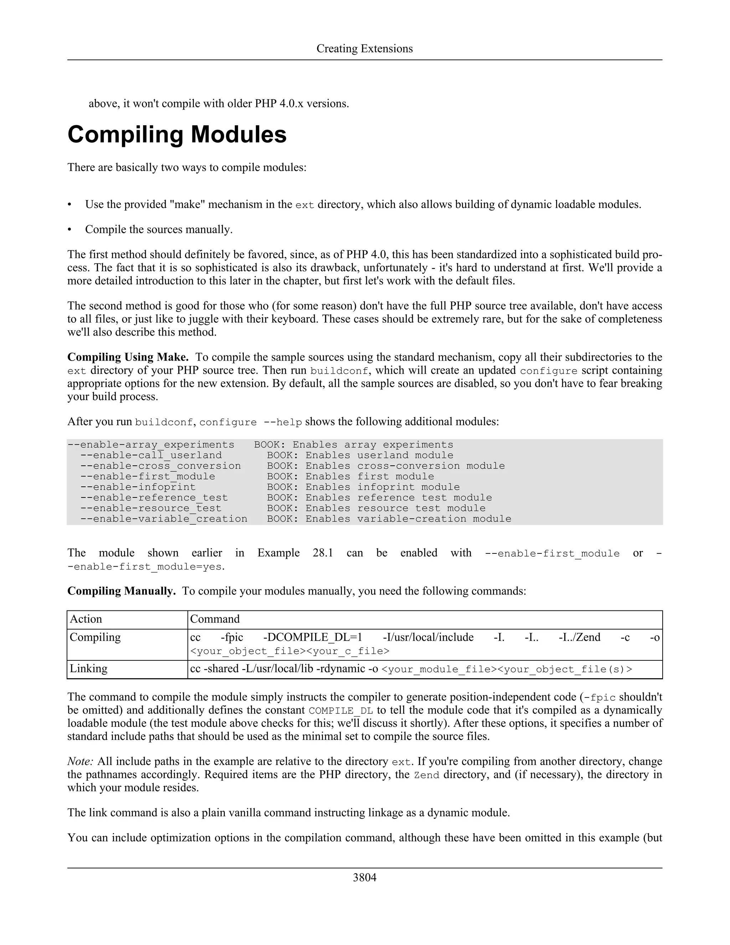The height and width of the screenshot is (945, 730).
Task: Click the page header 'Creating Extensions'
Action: point(365,48)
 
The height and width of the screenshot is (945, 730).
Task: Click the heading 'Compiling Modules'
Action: point(177,134)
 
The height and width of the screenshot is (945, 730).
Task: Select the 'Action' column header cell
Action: point(86,619)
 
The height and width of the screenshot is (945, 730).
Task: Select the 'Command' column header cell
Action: point(215,619)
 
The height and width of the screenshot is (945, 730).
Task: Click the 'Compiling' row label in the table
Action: point(95,637)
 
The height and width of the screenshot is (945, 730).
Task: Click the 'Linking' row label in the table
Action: point(89,669)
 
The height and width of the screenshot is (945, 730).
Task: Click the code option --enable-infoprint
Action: point(138,487)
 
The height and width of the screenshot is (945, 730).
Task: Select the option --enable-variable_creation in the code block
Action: point(164,519)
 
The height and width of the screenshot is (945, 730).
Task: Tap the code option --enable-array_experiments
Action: point(150,445)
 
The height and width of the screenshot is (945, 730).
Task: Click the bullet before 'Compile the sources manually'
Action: point(70,230)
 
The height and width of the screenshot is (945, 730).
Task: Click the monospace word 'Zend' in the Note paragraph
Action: point(426,775)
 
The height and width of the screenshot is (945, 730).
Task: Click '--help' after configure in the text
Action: point(282,422)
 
